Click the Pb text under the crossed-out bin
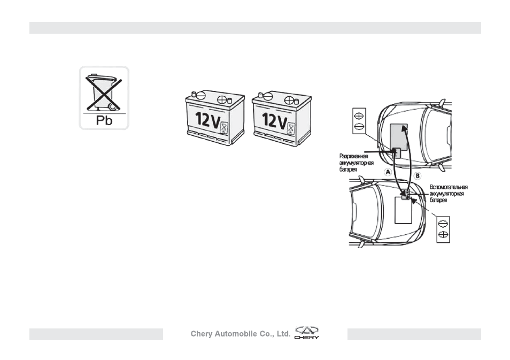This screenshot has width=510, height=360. [104, 121]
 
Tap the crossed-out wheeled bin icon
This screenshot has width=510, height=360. [103, 93]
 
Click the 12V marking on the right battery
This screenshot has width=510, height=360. [274, 120]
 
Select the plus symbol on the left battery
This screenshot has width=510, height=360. [222, 99]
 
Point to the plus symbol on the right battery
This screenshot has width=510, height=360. [289, 99]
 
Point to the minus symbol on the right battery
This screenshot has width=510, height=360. [268, 96]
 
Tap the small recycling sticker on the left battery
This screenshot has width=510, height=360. [224, 128]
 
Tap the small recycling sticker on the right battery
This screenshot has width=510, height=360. [291, 128]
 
